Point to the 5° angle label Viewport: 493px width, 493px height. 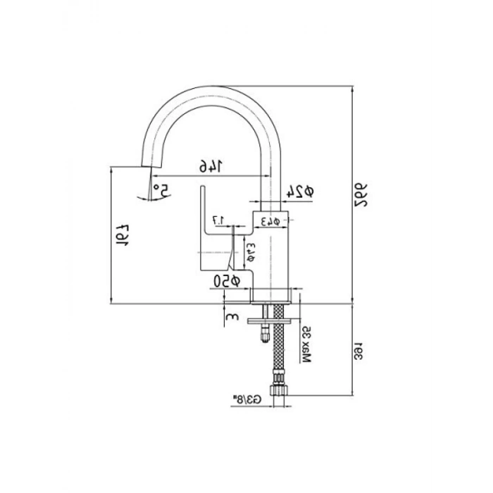pos(160,190)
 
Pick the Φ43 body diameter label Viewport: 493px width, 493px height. pos(272,221)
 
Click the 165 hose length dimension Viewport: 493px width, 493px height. pos(359,349)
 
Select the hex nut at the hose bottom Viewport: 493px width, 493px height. pos(280,387)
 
